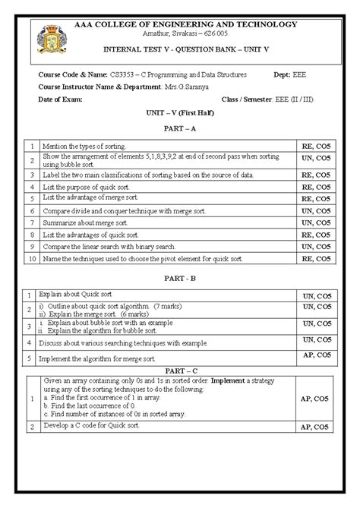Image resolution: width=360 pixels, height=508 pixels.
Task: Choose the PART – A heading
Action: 179,128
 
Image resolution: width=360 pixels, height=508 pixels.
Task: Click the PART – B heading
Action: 179,278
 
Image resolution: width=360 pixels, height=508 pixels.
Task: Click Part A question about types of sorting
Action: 84,145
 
